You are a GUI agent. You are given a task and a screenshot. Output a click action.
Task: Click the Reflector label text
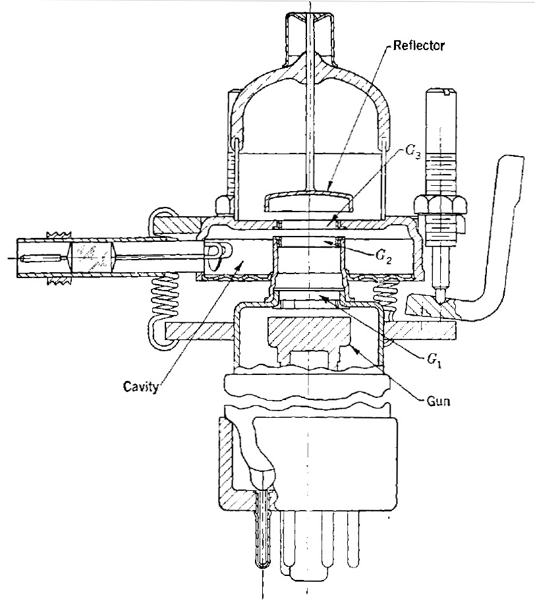419,45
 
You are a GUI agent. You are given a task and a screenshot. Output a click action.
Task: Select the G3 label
413,152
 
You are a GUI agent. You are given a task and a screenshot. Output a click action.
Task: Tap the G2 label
383,257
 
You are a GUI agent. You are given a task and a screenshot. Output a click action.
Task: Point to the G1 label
434,360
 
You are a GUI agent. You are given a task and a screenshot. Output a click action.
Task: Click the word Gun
438,401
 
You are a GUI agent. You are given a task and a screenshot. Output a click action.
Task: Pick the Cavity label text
140,386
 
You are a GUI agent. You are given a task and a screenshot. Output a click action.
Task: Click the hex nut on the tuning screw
440,203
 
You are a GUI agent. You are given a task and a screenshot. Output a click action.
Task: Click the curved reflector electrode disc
308,198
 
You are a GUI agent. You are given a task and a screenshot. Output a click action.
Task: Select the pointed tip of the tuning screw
441,302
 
